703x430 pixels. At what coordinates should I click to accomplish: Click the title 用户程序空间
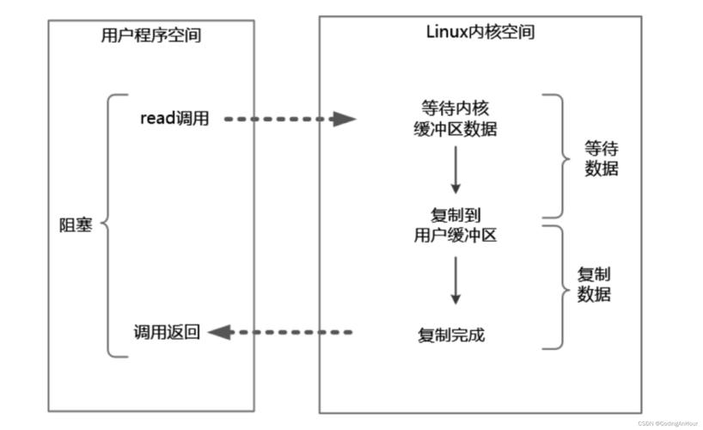(151, 36)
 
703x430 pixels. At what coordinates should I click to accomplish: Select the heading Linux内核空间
(480, 32)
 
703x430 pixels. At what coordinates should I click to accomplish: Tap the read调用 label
(174, 119)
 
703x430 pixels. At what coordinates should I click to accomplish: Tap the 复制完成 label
(451, 335)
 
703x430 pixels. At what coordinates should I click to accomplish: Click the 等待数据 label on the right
(601, 157)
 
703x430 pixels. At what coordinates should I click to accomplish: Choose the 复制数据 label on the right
(594, 285)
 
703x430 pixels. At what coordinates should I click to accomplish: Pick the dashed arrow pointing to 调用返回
(292, 332)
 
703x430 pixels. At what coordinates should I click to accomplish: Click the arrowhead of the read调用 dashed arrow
(345, 120)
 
